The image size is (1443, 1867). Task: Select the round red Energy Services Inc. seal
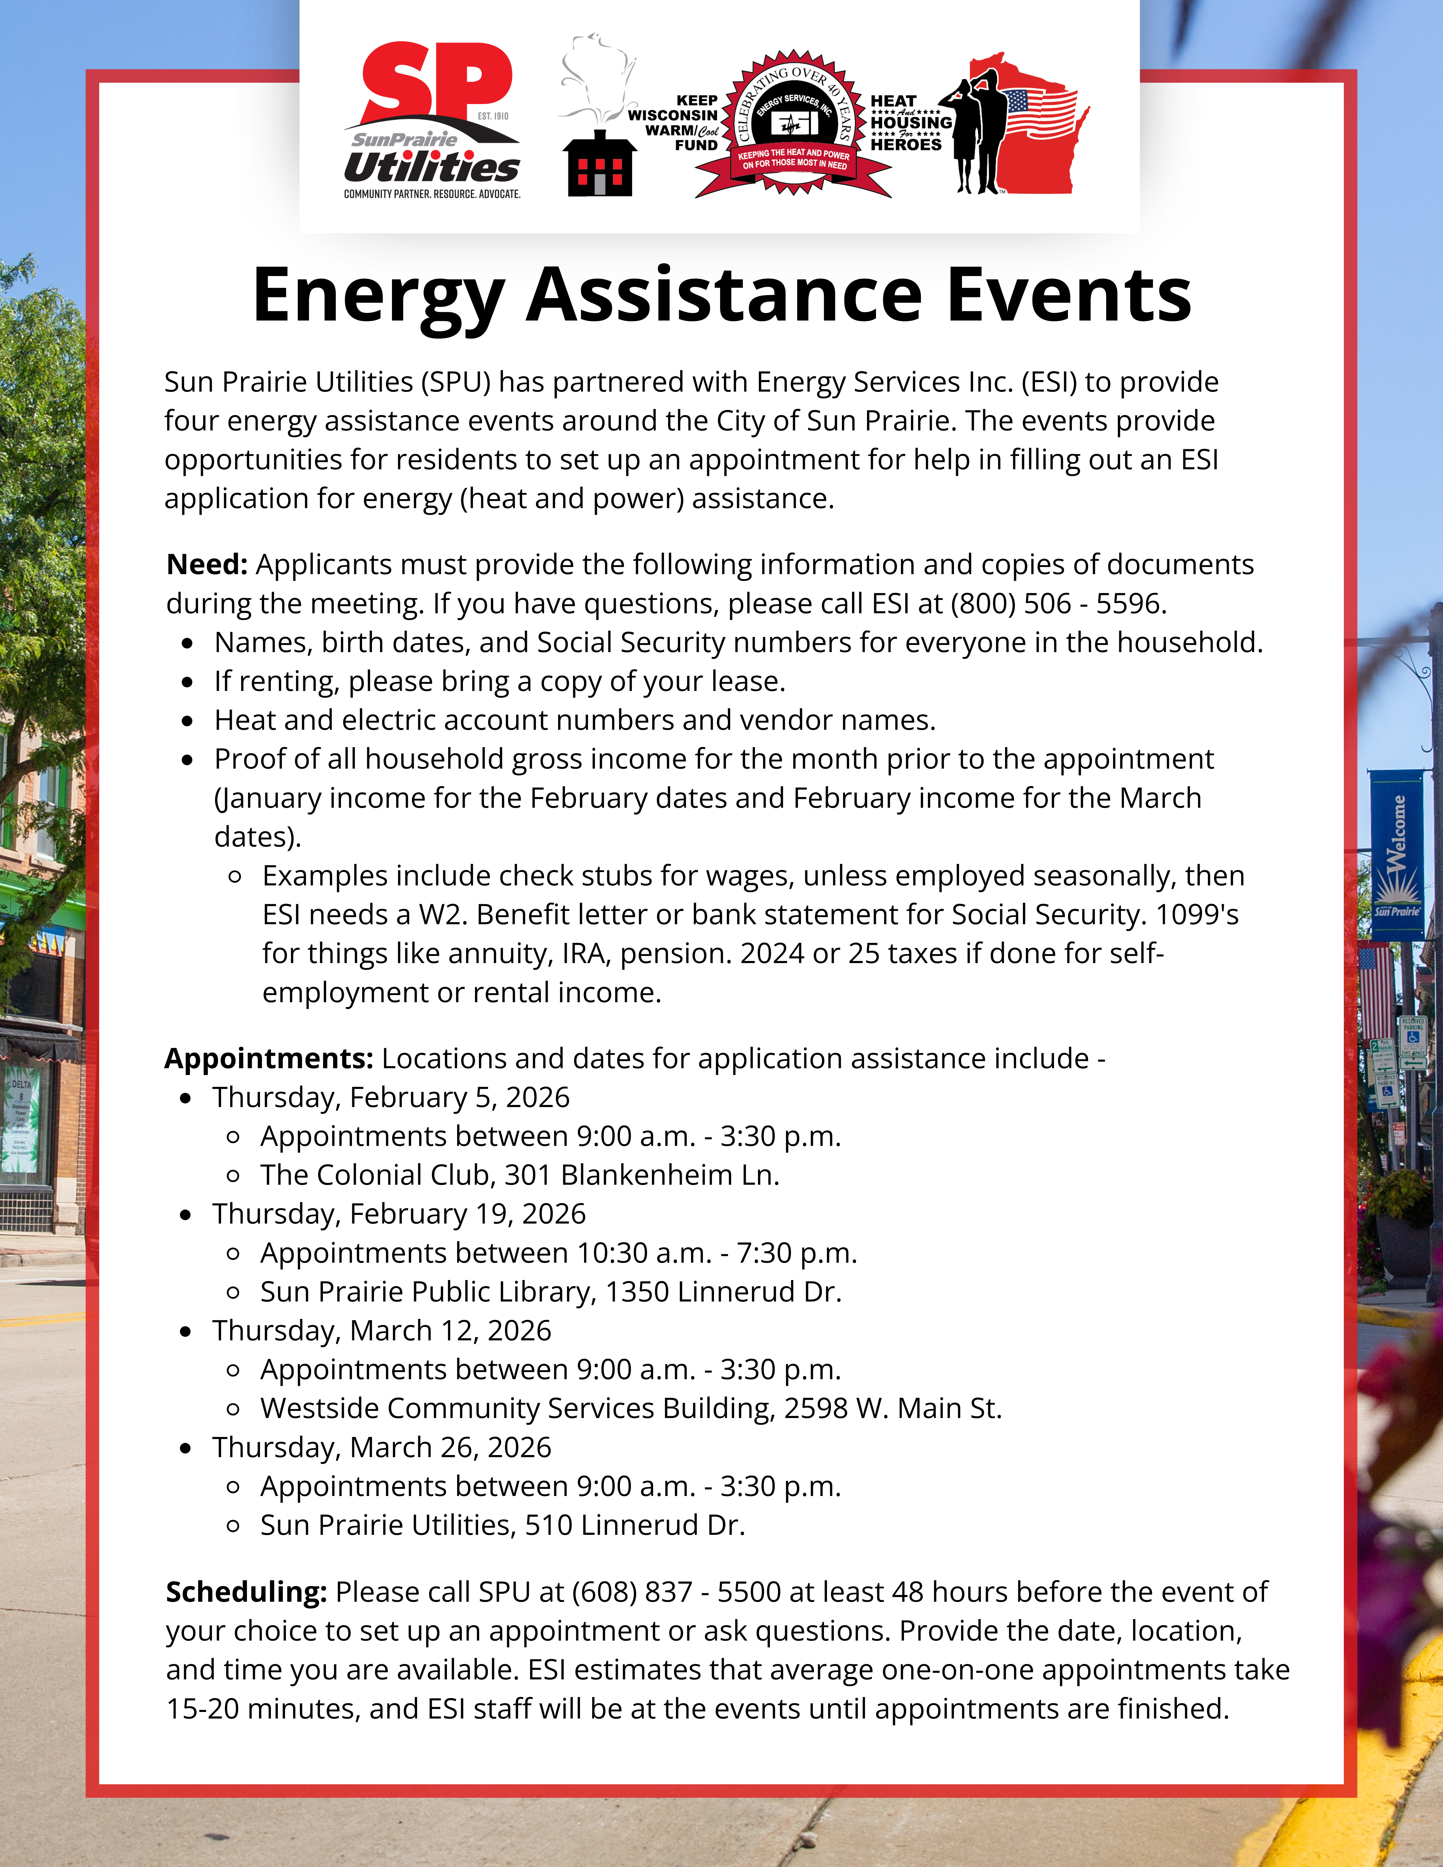793,122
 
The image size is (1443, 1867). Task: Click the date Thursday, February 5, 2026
391,1097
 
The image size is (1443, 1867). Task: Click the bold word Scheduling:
246,1592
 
